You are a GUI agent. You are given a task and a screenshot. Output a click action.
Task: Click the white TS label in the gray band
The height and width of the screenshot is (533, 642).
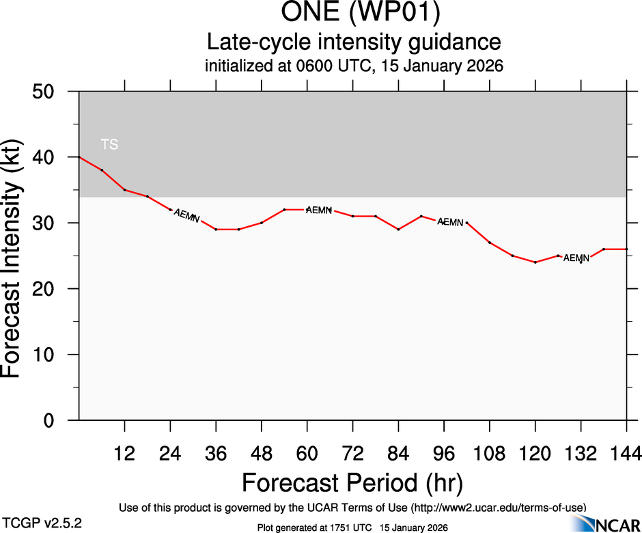(109, 144)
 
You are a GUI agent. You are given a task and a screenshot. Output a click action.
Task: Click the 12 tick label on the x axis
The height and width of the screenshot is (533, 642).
(124, 453)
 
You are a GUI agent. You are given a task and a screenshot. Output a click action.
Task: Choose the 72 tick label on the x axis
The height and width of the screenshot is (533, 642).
(352, 453)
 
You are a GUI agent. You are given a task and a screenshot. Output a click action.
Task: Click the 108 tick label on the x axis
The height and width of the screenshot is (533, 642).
(490, 453)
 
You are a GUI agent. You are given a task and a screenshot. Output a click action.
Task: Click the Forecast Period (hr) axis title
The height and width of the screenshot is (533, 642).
(352, 482)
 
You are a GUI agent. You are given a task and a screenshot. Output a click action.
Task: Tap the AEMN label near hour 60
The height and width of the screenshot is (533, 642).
(319, 210)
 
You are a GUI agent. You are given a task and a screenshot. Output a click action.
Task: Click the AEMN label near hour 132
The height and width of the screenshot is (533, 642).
(576, 258)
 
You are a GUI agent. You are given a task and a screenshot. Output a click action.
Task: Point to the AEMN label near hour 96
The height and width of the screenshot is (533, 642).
(451, 222)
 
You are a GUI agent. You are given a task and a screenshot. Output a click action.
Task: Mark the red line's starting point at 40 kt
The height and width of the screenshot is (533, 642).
(79, 157)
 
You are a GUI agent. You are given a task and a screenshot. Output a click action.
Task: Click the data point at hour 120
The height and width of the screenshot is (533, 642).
(535, 262)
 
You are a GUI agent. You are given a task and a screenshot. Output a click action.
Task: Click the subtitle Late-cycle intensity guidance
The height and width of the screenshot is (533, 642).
(353, 42)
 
